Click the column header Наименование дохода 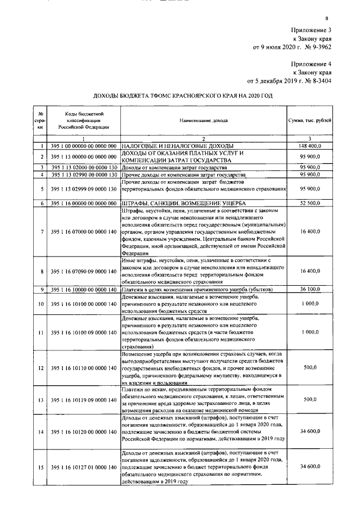pos(204,121)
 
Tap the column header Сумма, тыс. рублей pos(309,121)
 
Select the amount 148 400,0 pos(310,146)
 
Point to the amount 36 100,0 pos(310,289)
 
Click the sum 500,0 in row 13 pos(310,400)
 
